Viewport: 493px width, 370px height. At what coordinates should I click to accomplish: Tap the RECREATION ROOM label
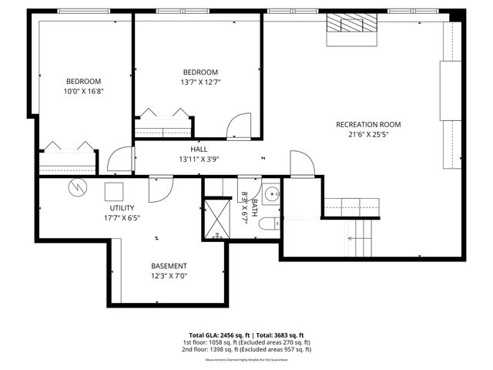pos(368,124)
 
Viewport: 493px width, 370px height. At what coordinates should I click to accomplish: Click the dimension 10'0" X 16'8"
pos(83,91)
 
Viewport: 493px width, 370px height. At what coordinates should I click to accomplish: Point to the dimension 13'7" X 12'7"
pos(200,82)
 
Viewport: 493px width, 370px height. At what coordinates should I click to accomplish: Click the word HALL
pos(200,150)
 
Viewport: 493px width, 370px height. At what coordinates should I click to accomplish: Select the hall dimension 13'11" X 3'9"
pos(200,160)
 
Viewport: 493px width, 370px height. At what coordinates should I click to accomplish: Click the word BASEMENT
pos(169,266)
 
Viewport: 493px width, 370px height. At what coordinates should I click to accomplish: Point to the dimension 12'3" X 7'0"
pos(169,276)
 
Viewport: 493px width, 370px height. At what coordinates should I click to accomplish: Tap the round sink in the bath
pos(271,193)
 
